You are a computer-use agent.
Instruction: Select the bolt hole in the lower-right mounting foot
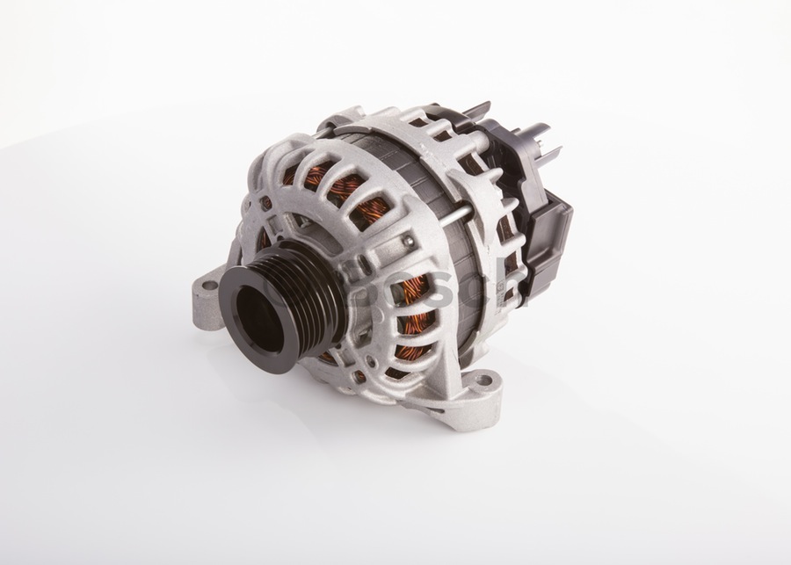[482, 381]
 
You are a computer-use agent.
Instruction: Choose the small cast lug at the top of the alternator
[349, 117]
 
